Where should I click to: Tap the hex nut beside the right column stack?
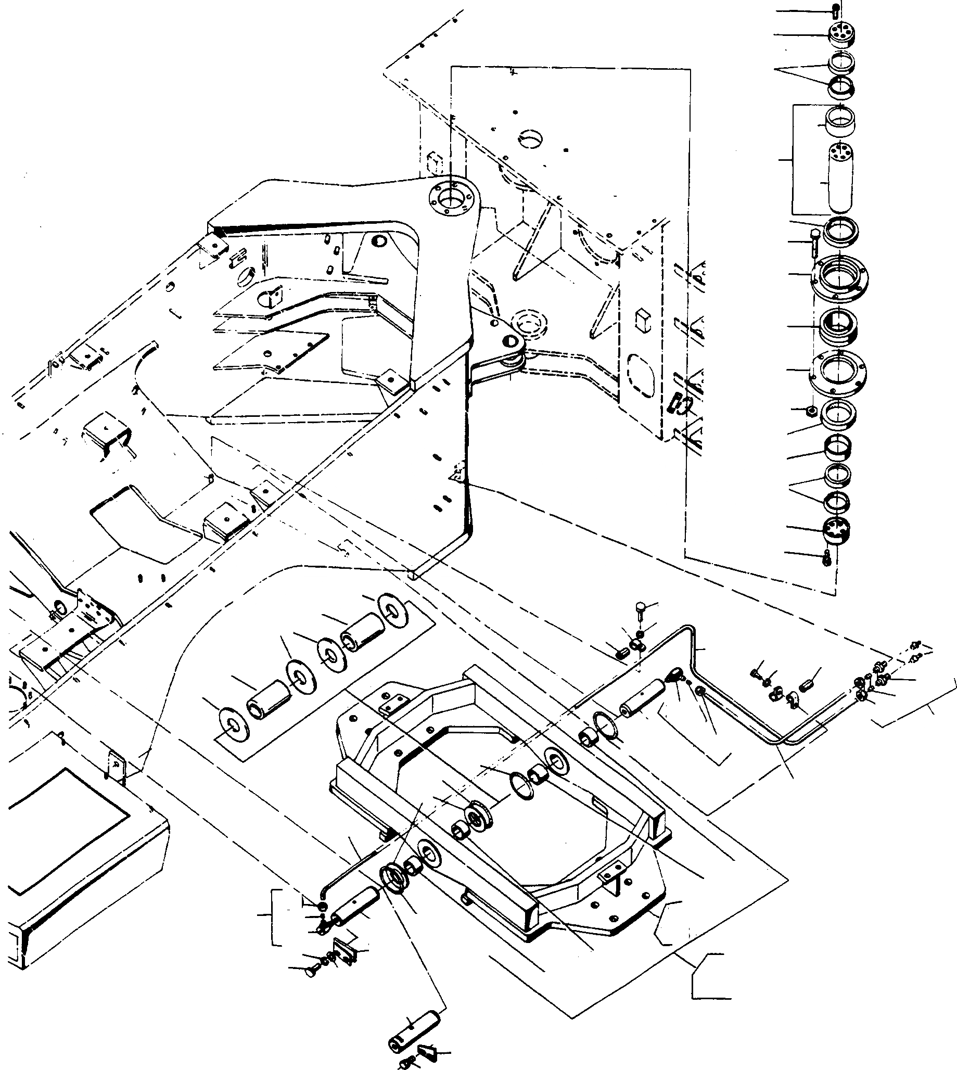(x=812, y=410)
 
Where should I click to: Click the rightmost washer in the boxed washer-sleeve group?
(x=392, y=610)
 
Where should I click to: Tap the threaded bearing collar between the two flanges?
(x=840, y=326)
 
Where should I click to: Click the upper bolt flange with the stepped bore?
(x=840, y=276)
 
